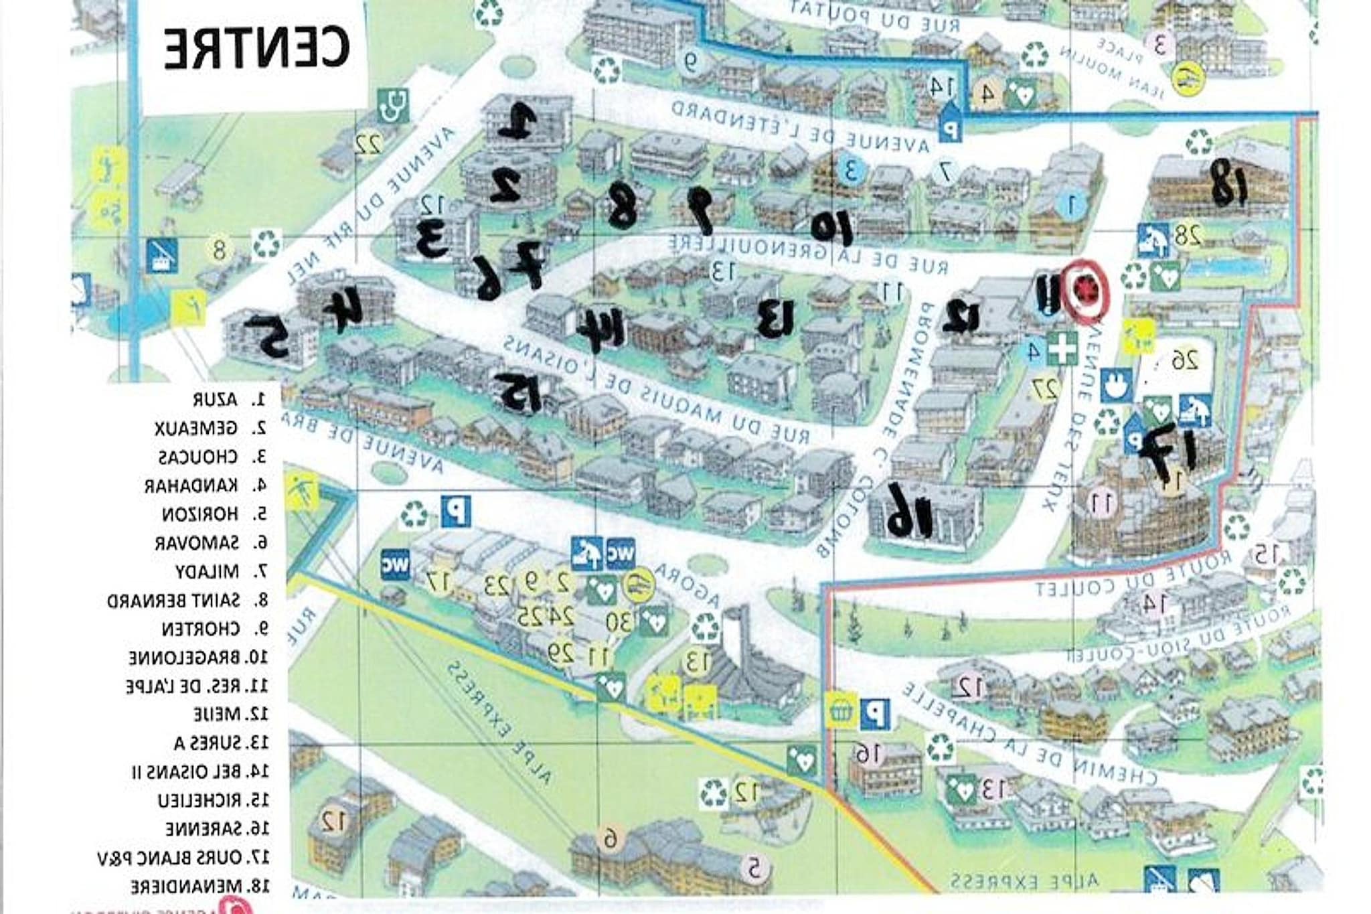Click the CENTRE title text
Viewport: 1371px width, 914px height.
click(256, 48)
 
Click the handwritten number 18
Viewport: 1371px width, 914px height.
click(1229, 181)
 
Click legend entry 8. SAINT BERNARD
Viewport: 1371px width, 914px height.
click(187, 601)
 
